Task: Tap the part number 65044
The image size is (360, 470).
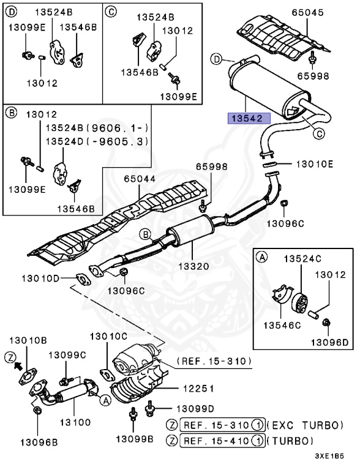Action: click(x=139, y=179)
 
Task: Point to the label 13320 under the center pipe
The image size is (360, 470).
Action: click(x=193, y=266)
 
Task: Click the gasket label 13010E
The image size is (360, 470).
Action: click(x=315, y=164)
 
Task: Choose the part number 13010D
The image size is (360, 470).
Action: click(x=41, y=279)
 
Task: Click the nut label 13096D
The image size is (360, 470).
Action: click(x=329, y=341)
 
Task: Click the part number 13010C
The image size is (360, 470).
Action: click(x=109, y=336)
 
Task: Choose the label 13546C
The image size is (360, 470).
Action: click(x=283, y=326)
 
